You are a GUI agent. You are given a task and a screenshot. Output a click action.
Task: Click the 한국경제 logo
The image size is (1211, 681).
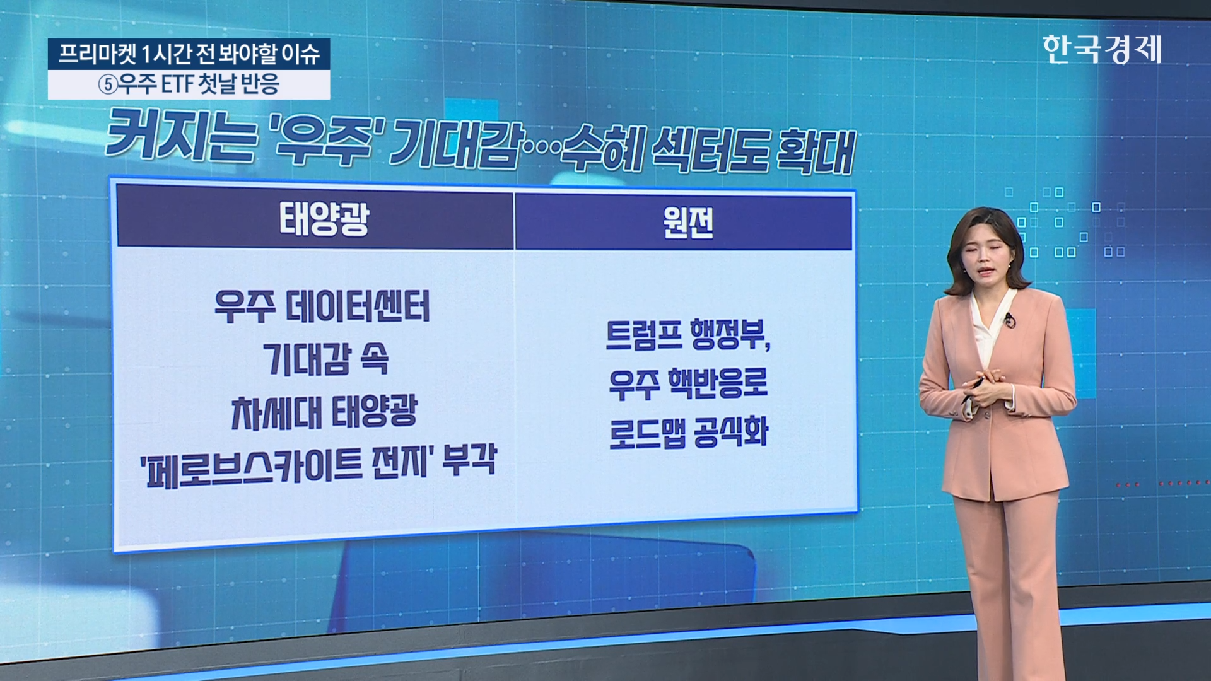point(1102,49)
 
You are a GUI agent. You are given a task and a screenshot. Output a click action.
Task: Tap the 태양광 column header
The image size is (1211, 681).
point(324,219)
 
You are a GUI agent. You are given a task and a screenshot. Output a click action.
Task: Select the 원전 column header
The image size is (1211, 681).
point(687,222)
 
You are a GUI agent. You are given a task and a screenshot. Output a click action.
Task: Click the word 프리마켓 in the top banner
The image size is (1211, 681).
point(97,54)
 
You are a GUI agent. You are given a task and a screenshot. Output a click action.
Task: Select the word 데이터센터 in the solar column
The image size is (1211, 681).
point(358,307)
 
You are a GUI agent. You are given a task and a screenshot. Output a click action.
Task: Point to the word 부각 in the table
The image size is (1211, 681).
point(469,460)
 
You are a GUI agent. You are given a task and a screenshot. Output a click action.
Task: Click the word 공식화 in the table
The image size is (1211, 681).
point(730,432)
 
